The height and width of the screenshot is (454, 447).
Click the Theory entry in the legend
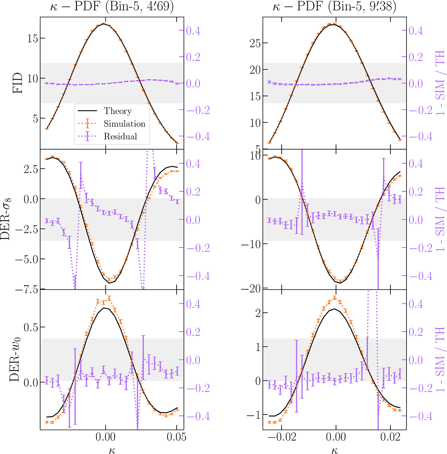tap(117, 111)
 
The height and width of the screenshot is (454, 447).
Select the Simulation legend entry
tap(124, 124)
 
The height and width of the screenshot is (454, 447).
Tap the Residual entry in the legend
tap(120, 136)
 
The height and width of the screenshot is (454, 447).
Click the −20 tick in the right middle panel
tap(250, 288)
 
